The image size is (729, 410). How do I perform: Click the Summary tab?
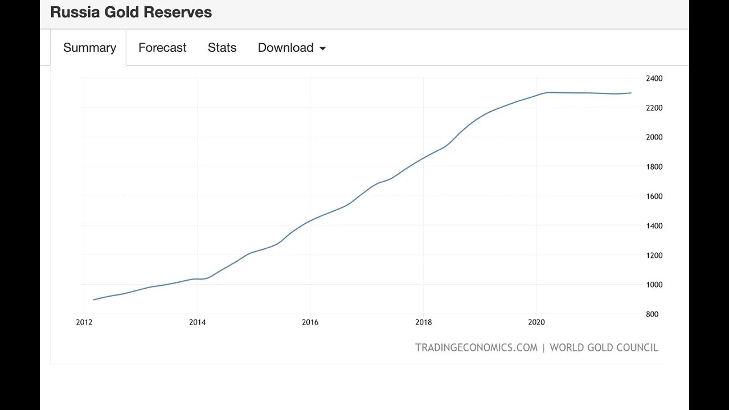pyautogui.click(x=89, y=48)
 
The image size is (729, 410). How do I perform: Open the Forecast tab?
pyautogui.click(x=162, y=48)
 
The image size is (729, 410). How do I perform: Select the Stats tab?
pyautogui.click(x=222, y=48)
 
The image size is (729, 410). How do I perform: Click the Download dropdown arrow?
pyautogui.click(x=322, y=48)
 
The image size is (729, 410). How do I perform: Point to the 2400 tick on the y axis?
pyautogui.click(x=654, y=78)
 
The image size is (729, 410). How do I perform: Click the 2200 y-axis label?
pyautogui.click(x=654, y=108)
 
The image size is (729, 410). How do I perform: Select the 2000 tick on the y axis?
pyautogui.click(x=654, y=137)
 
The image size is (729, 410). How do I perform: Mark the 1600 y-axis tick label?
pyautogui.click(x=654, y=196)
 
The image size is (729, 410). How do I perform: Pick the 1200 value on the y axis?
pyautogui.click(x=654, y=255)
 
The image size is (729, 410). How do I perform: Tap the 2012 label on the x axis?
pyautogui.click(x=84, y=322)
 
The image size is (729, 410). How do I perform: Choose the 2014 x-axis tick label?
pyautogui.click(x=197, y=322)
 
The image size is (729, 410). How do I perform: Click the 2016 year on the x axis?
pyautogui.click(x=310, y=322)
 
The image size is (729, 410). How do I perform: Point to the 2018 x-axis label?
pyautogui.click(x=423, y=322)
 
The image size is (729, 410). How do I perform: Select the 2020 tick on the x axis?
pyautogui.click(x=536, y=322)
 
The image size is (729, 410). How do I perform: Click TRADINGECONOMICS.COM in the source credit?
pyautogui.click(x=476, y=347)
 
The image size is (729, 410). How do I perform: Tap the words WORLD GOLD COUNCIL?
pyautogui.click(x=604, y=347)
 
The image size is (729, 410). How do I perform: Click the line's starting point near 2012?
pyautogui.click(x=93, y=300)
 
